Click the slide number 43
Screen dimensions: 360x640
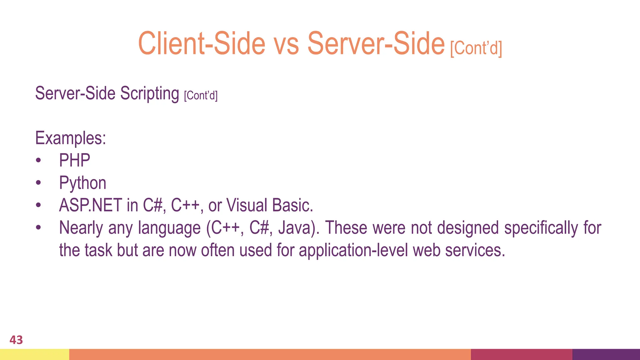click(16, 340)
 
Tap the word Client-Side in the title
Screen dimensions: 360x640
click(202, 44)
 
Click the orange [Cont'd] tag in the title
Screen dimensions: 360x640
click(476, 48)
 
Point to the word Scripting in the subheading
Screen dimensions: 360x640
click(149, 93)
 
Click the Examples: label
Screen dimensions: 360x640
click(71, 138)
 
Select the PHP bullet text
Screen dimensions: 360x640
click(75, 161)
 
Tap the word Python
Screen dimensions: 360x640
click(83, 183)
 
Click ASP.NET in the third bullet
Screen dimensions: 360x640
click(90, 206)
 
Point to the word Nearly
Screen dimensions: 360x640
click(81, 228)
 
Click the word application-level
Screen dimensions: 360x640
click(353, 251)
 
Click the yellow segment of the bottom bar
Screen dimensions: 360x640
click(34, 354)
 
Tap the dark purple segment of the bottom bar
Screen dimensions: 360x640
click(606, 354)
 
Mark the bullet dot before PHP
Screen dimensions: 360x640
click(38, 161)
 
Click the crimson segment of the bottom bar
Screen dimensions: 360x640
click(521, 354)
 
